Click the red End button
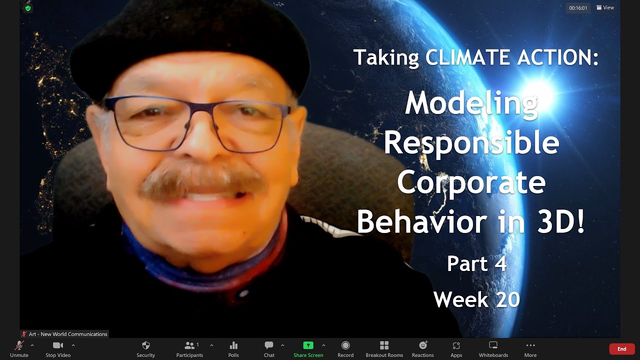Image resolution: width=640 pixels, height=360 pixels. pos(621,349)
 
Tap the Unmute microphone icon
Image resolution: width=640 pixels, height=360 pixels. pos(19,345)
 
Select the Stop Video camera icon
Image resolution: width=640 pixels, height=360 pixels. pos(58,345)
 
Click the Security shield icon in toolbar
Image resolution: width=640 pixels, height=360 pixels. pos(146,345)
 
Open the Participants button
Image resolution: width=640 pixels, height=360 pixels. pos(189,345)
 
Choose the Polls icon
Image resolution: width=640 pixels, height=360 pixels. pos(233,345)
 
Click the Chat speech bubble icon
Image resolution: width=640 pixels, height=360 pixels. pos(269,345)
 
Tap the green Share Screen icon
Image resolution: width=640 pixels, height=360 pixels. pos(308,345)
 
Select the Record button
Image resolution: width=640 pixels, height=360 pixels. pos(345,345)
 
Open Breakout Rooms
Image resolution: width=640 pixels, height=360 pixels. pos(384,345)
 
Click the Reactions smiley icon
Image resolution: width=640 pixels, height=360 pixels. pos(423,345)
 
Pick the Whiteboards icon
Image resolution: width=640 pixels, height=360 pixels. pos(493,345)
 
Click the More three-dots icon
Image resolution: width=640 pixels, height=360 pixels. pos(530,345)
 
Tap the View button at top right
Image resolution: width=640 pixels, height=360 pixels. pos(605,7)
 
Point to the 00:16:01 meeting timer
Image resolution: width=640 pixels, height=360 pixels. pos(578,8)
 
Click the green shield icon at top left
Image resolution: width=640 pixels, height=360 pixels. pos(28,8)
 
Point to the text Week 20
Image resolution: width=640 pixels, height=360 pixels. pos(476,299)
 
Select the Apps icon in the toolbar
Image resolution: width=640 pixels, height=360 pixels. pos(456,345)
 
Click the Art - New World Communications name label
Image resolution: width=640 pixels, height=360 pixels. pos(67,334)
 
